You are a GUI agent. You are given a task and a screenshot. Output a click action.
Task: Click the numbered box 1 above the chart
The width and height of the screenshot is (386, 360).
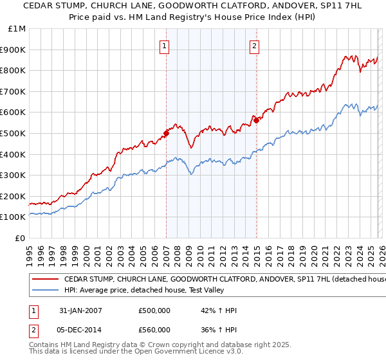click(165, 46)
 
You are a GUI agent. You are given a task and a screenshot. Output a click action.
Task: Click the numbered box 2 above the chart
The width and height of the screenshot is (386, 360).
click(255, 46)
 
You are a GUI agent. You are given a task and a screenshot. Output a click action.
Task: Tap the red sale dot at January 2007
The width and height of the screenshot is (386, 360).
click(166, 133)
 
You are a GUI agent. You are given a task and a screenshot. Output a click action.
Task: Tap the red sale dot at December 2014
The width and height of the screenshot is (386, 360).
click(256, 120)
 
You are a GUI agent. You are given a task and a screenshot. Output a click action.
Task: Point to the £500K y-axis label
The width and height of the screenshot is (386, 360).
click(14, 133)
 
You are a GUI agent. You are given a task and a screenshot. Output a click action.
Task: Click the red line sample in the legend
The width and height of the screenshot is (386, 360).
click(45, 280)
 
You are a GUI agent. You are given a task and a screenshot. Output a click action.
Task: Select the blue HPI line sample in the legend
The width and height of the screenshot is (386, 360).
click(45, 290)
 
